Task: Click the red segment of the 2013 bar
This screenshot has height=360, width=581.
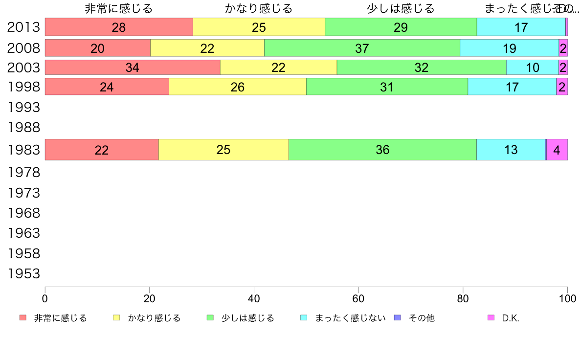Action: [119, 27]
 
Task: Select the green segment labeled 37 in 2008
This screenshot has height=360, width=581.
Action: [362, 48]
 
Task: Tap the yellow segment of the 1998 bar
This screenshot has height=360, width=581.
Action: [237, 87]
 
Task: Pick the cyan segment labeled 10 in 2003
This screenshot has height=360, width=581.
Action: [532, 67]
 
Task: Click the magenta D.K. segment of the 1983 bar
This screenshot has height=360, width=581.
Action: [557, 150]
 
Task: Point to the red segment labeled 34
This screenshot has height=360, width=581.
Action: [132, 67]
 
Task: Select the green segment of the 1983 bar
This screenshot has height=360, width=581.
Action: [382, 150]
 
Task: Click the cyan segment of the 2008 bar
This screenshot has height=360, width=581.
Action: [509, 48]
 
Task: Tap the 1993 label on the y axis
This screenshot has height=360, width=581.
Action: [23, 107]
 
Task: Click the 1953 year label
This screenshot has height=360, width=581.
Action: [23, 273]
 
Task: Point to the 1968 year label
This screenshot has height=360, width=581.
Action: [23, 213]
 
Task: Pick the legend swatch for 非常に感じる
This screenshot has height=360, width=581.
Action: [22, 318]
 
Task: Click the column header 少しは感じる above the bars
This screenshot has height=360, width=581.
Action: [401, 8]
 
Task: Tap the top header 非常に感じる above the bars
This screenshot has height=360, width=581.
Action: [119, 8]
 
